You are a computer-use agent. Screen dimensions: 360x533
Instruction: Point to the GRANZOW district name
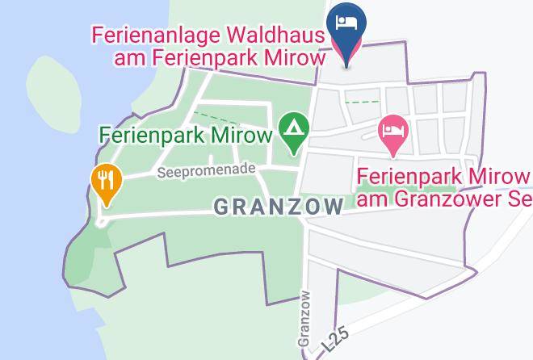pos(279,207)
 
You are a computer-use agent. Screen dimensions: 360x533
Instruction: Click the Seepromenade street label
pos(206,170)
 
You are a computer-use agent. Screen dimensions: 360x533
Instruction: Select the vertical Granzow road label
pos(304,318)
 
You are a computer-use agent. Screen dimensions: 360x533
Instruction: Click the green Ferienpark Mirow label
pos(186,134)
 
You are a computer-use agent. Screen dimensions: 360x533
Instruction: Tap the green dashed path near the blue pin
pos(361,102)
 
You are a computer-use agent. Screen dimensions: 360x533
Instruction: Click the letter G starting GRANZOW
pos(221,207)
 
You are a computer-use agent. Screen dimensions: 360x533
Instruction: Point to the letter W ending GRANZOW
pos(334,207)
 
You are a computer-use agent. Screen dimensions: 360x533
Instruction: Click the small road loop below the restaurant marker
pos(102,220)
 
